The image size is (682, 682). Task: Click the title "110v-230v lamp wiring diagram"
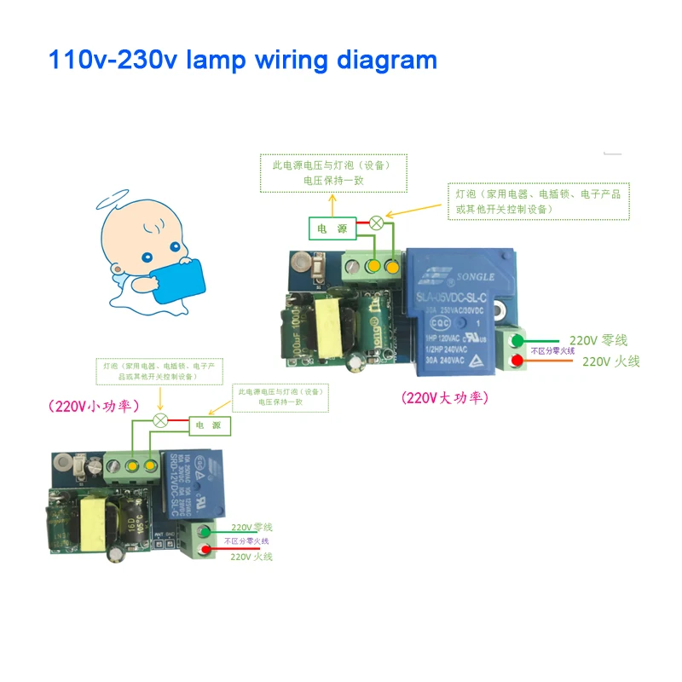[242, 61]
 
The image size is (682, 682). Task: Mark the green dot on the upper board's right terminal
[516, 341]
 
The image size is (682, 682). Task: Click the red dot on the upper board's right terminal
[516, 362]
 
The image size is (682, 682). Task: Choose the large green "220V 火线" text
[610, 361]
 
